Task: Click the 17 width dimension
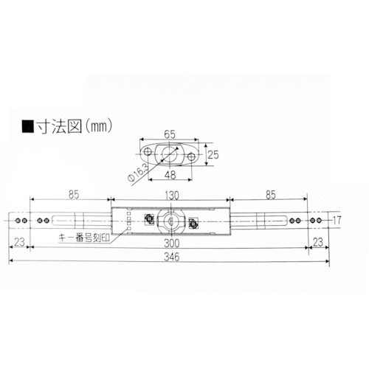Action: [x=337, y=220]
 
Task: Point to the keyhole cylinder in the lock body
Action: [x=171, y=220]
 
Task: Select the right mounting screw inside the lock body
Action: [x=193, y=222]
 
